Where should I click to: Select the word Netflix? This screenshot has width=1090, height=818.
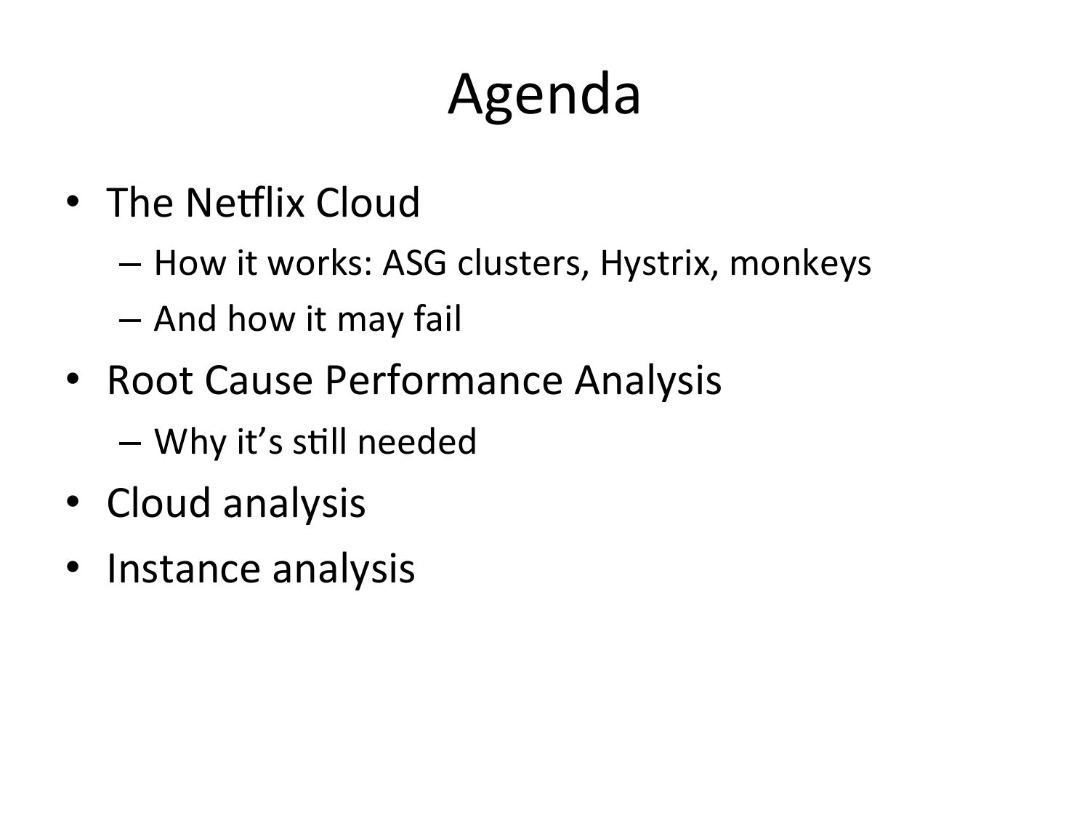[x=245, y=203]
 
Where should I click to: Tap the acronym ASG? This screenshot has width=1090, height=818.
[x=415, y=262]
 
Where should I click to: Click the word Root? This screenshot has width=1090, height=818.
[x=150, y=380]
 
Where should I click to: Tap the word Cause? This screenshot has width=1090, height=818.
[x=259, y=380]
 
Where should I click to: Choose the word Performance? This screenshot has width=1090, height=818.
[x=444, y=380]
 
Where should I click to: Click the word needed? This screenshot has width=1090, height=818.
[x=416, y=441]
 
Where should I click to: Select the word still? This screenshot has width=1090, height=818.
[x=319, y=441]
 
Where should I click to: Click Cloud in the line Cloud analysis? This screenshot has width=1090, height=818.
[x=159, y=503]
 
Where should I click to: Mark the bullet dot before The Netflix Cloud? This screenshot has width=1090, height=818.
[x=73, y=202]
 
